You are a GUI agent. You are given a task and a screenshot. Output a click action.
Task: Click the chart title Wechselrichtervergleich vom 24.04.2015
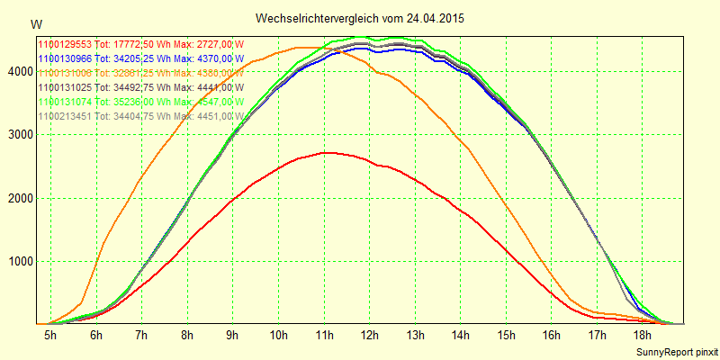(x=360, y=18)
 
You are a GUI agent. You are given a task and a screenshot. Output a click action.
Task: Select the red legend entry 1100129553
(x=140, y=43)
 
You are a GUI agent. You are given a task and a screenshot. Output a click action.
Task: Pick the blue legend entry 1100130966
(x=140, y=58)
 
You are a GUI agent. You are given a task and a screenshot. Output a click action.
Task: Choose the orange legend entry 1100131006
(x=140, y=72)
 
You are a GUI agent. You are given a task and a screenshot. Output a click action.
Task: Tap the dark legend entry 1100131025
(x=140, y=87)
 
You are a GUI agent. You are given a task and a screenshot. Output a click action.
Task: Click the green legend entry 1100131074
(x=140, y=102)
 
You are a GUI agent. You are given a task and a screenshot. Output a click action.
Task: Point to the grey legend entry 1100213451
(x=140, y=116)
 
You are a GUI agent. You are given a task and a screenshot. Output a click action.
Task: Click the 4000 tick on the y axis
(x=17, y=71)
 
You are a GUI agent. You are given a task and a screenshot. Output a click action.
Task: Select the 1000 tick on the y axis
(x=17, y=262)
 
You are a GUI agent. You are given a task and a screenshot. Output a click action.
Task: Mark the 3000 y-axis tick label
(x=17, y=135)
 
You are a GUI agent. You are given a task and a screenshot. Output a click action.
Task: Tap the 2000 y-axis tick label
(x=17, y=198)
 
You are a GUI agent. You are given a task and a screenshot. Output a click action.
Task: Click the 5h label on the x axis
(x=50, y=336)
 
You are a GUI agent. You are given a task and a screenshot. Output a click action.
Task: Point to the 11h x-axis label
(x=324, y=336)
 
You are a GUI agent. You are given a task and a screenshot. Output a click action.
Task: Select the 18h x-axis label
(x=643, y=336)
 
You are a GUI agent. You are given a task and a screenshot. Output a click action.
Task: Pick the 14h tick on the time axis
(x=461, y=336)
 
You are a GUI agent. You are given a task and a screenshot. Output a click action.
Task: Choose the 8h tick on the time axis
(x=187, y=336)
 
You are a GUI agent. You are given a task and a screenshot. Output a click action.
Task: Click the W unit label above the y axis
(x=35, y=23)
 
